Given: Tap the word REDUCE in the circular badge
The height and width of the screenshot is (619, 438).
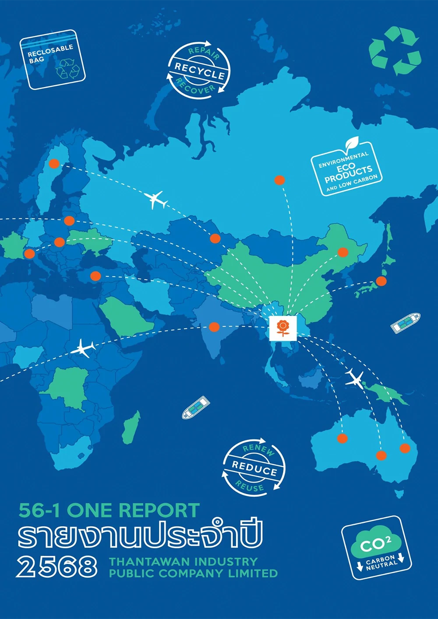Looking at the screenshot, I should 254,468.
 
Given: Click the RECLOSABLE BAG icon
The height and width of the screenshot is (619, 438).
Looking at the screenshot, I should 52,60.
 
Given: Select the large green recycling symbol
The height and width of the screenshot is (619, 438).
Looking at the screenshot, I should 394,50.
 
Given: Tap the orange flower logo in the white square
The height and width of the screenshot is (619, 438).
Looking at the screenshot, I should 283,327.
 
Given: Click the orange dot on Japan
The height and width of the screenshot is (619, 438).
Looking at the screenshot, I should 381,281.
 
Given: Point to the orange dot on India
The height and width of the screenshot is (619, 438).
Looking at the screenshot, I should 214,327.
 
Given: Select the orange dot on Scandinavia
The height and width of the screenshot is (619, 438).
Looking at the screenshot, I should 54,164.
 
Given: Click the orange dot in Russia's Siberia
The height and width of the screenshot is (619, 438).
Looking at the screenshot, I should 279,180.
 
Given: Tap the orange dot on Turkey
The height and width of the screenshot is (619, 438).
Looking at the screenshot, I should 95,276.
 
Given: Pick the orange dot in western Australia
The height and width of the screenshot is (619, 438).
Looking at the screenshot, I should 343,438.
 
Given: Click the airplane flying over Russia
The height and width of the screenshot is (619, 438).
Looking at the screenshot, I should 156,200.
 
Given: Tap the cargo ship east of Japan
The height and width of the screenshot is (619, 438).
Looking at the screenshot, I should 405,323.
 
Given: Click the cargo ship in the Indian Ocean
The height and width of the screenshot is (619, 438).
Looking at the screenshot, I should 196,407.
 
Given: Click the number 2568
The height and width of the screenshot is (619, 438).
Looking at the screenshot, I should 57,567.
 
